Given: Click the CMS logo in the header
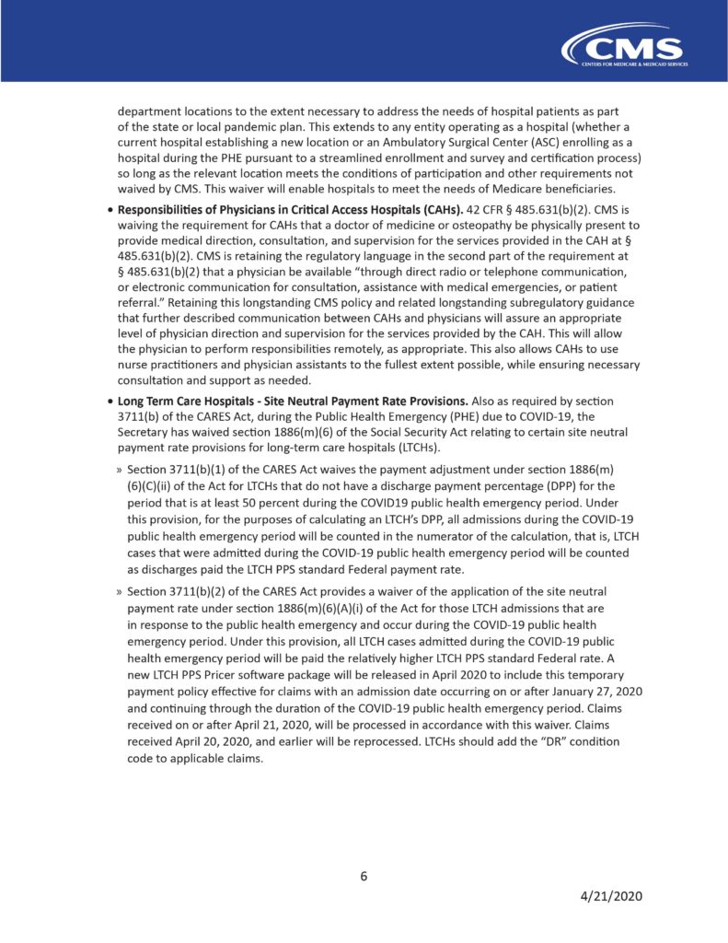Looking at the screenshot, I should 626,46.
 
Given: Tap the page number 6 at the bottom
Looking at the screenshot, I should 364,876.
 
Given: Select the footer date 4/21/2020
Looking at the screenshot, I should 610,897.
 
